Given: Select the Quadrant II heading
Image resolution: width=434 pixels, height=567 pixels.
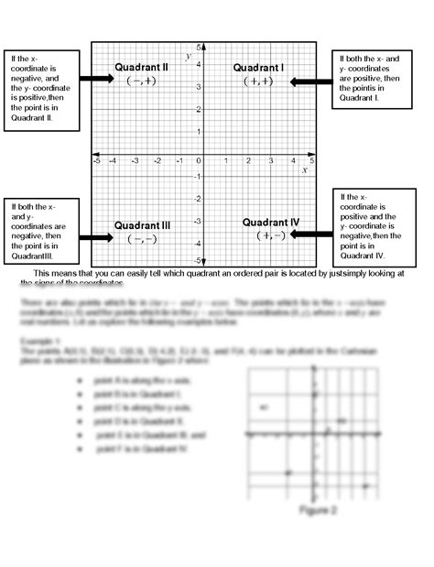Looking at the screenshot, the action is [x=141, y=68].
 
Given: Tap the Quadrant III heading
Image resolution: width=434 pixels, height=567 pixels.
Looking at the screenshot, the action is [x=142, y=225].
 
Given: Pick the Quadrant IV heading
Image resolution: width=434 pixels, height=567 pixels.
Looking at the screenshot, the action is [x=272, y=222].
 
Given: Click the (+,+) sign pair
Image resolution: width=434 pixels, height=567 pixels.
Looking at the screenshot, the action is [x=258, y=82].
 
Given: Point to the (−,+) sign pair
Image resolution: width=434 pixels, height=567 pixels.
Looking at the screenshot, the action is [x=141, y=81].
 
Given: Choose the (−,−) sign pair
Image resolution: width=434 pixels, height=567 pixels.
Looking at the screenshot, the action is [x=142, y=239].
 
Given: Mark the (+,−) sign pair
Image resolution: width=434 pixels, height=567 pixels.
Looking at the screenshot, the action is [x=272, y=235].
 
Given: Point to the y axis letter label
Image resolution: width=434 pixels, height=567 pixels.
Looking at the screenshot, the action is [x=188, y=57].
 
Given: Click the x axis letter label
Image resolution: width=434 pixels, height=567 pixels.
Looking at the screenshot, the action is [x=304, y=169].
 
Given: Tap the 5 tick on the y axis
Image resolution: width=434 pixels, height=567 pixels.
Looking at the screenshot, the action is [x=198, y=47].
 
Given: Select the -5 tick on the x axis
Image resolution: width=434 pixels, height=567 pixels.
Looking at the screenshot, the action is [x=97, y=160].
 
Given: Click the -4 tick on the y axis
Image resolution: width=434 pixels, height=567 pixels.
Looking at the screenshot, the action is [x=197, y=244].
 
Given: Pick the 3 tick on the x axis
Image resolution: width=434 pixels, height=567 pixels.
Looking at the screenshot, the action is [x=271, y=160].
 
